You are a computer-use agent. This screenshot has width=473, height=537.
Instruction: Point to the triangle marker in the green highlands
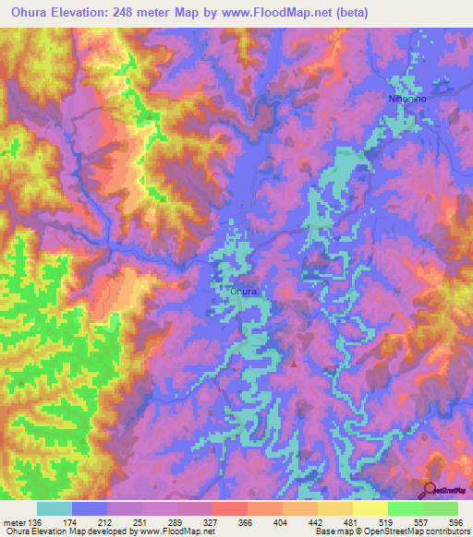tap(20, 381)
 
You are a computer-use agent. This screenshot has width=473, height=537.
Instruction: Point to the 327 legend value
tap(212, 521)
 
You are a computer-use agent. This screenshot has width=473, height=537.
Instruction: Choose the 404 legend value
tap(283, 521)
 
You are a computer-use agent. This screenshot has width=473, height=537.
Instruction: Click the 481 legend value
tap(353, 521)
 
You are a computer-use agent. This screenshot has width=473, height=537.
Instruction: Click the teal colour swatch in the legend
tap(55, 508)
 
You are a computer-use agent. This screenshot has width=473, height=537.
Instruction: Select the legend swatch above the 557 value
tap(406, 508)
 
